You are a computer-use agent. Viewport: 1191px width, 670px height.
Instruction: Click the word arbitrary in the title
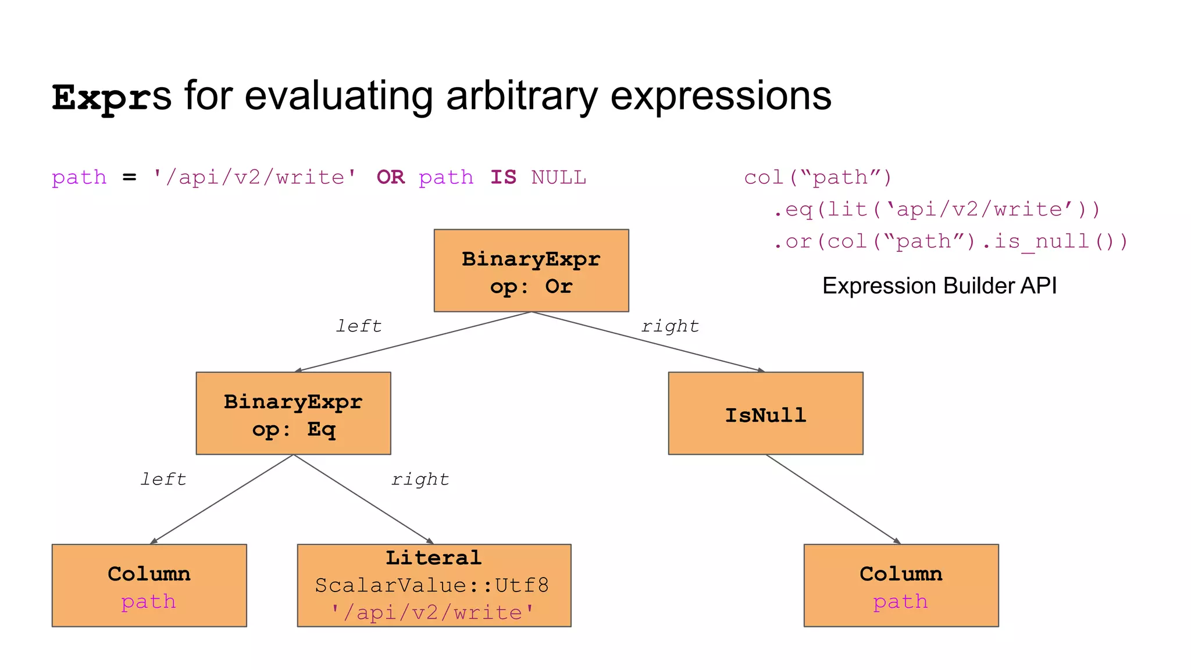[521, 97]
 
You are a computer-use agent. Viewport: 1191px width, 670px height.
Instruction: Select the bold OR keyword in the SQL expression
[390, 177]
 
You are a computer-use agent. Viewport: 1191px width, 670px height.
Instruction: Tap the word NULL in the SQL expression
[558, 177]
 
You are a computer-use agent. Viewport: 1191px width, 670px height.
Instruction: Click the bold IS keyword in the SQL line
[503, 177]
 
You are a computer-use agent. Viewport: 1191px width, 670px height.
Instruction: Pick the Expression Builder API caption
[939, 286]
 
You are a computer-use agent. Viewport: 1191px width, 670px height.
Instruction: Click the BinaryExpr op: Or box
[531, 271]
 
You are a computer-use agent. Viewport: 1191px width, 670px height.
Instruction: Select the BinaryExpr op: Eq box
[293, 414]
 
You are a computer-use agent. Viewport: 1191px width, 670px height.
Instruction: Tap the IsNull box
[765, 414]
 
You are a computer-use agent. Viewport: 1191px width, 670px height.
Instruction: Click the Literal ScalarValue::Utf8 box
[434, 585]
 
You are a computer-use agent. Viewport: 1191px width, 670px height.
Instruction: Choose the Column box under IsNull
[901, 585]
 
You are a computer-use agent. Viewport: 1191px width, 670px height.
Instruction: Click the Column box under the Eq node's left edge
[149, 585]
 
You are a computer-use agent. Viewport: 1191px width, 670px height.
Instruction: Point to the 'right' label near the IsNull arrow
[670, 326]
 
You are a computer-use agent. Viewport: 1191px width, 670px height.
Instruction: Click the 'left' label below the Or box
[359, 326]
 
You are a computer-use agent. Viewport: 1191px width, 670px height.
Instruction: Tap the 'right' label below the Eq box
[420, 479]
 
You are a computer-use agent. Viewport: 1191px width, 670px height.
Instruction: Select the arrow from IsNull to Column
[833, 499]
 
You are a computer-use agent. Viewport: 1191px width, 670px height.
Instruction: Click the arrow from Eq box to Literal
[363, 499]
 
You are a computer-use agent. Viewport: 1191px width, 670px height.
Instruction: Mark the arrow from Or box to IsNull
[648, 342]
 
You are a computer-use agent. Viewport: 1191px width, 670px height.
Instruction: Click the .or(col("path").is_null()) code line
[950, 241]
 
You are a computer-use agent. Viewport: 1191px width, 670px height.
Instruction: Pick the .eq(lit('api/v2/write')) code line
[936, 209]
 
